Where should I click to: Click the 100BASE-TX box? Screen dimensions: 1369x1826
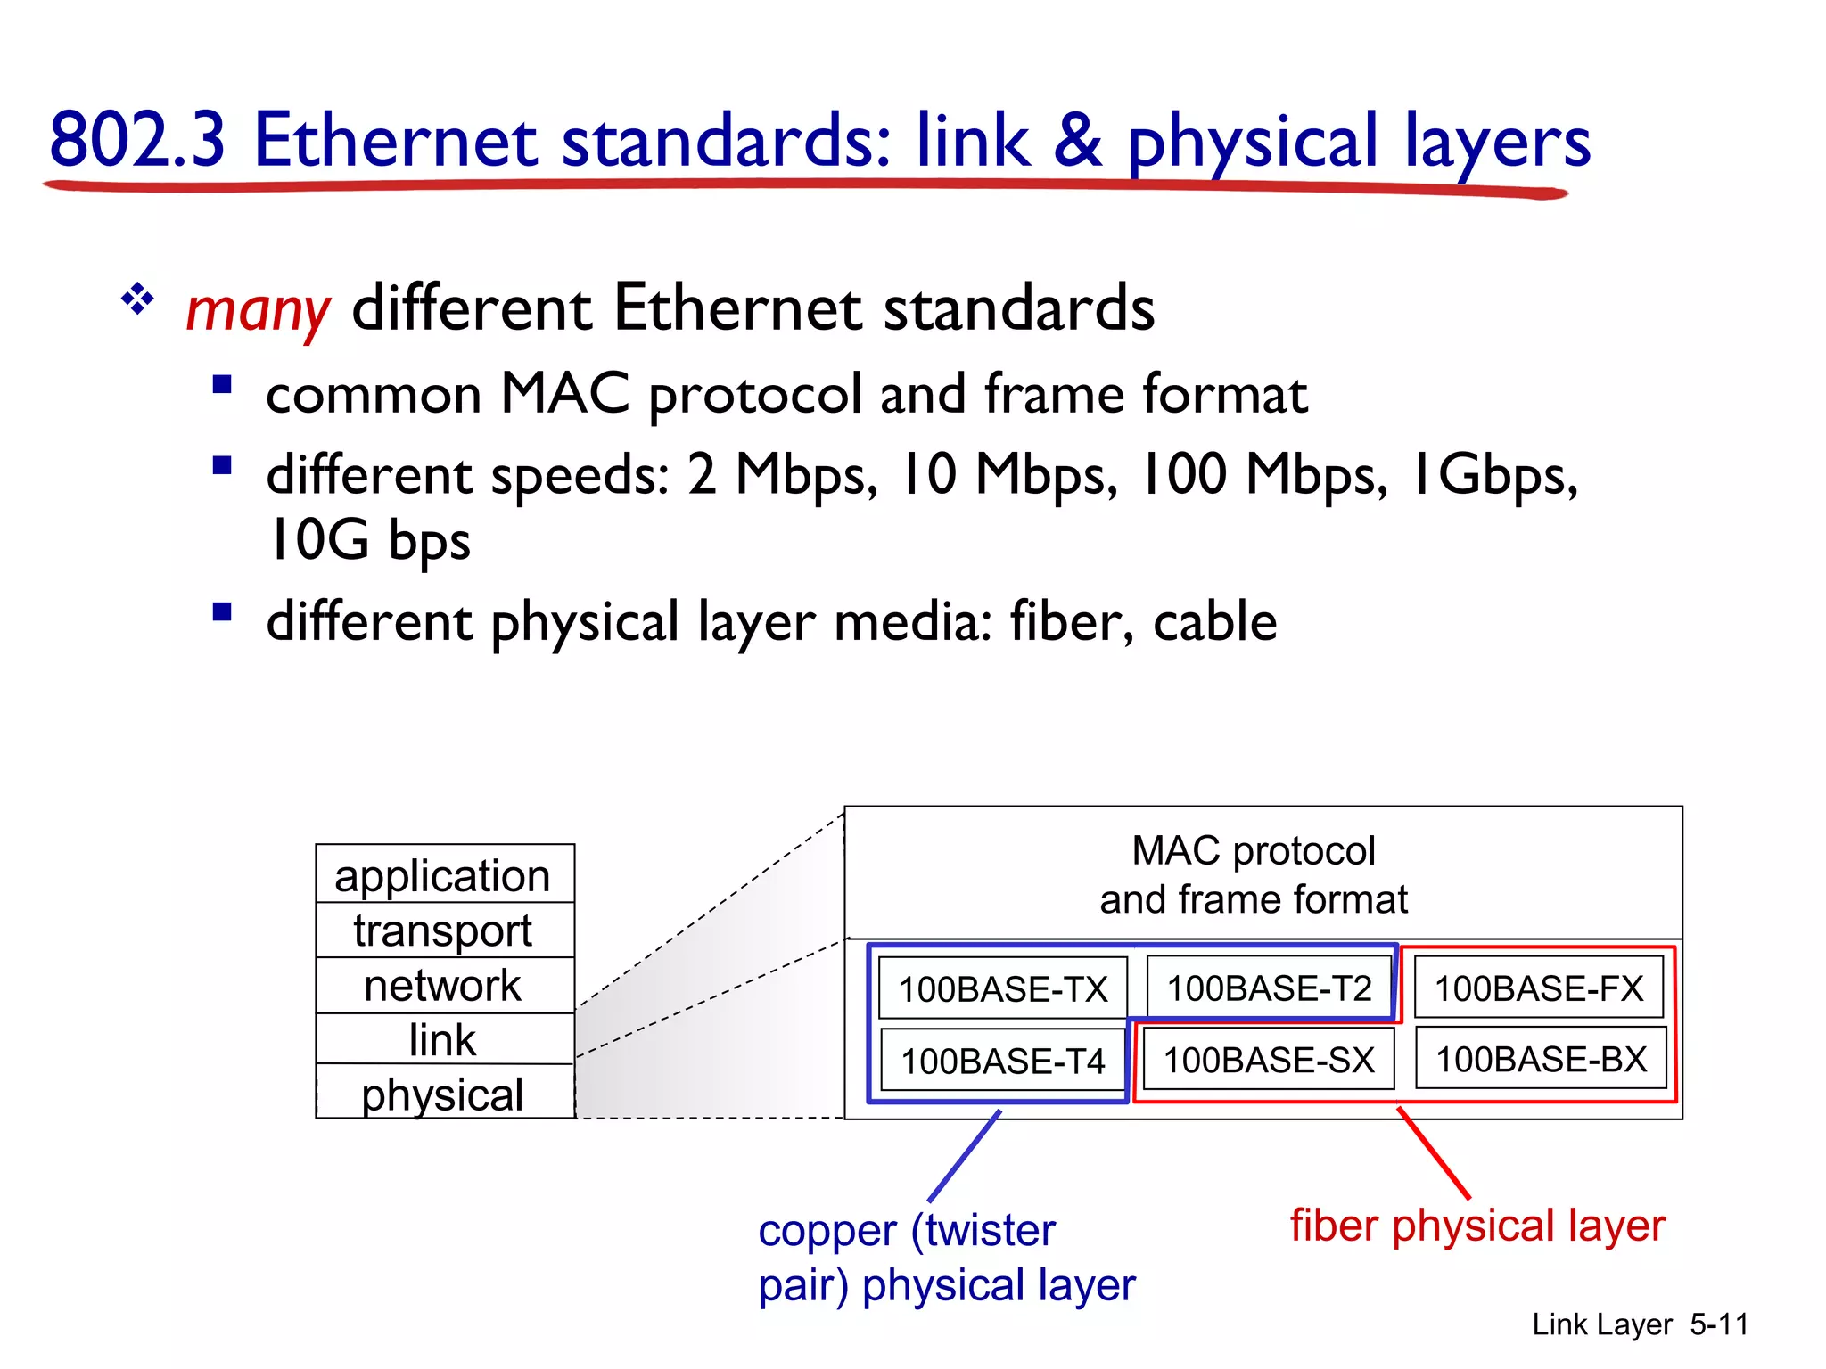point(1002,988)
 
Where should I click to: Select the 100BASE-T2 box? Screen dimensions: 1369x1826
point(1269,988)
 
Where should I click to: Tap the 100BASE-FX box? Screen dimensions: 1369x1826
point(1538,988)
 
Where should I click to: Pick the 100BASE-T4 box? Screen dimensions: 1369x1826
point(1002,1061)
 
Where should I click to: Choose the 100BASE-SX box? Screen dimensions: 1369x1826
point(1268,1060)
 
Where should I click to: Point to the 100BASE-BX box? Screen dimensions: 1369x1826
point(1540,1059)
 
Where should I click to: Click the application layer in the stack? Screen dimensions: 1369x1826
point(443,875)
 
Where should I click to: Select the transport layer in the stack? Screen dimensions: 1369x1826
point(443,930)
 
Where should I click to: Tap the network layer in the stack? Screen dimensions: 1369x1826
point(443,986)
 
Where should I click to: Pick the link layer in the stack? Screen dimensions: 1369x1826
point(443,1039)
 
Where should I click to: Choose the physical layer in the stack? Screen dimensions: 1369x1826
point(443,1094)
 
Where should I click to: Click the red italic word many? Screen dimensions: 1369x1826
point(258,310)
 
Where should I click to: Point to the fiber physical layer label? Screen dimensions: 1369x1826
point(1476,1226)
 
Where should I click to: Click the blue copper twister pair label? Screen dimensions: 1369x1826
point(945,1258)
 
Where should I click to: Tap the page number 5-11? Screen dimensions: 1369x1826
point(1718,1324)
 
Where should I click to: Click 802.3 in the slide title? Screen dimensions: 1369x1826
point(138,140)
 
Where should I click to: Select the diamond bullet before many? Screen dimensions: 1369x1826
point(137,299)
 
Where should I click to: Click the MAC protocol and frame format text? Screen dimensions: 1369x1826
point(1253,875)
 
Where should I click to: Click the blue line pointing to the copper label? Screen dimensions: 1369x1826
point(965,1156)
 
